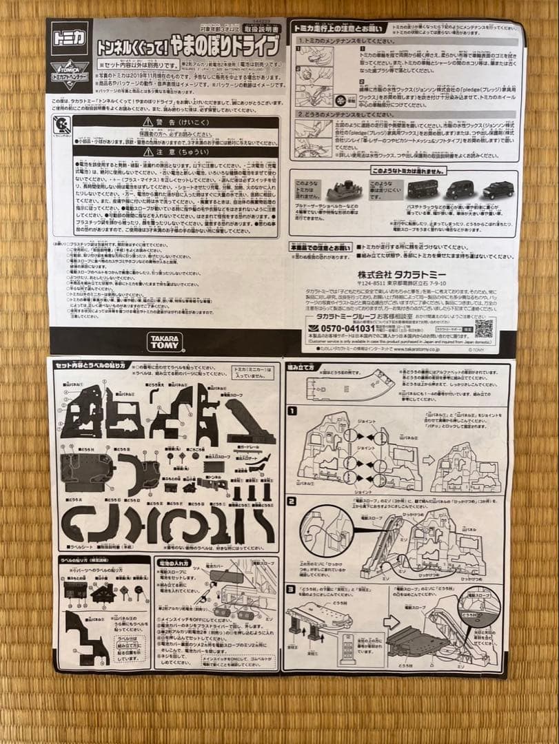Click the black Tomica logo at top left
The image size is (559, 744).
point(70,39)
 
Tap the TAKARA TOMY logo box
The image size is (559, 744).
point(165,341)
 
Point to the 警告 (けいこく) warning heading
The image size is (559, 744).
point(176,121)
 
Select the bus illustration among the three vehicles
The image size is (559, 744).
point(422,188)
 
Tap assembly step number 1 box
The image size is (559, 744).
point(292,411)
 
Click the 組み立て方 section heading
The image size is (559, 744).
point(303,368)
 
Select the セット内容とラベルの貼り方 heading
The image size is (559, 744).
point(89,365)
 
